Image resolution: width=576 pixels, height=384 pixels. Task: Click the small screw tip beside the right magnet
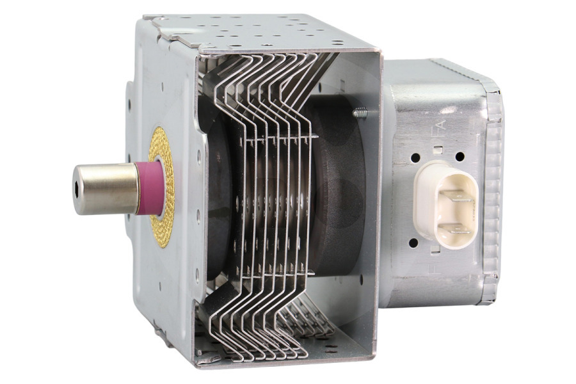362,113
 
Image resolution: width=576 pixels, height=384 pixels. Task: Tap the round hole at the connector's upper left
416,157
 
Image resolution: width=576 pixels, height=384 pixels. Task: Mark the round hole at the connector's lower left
414,243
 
